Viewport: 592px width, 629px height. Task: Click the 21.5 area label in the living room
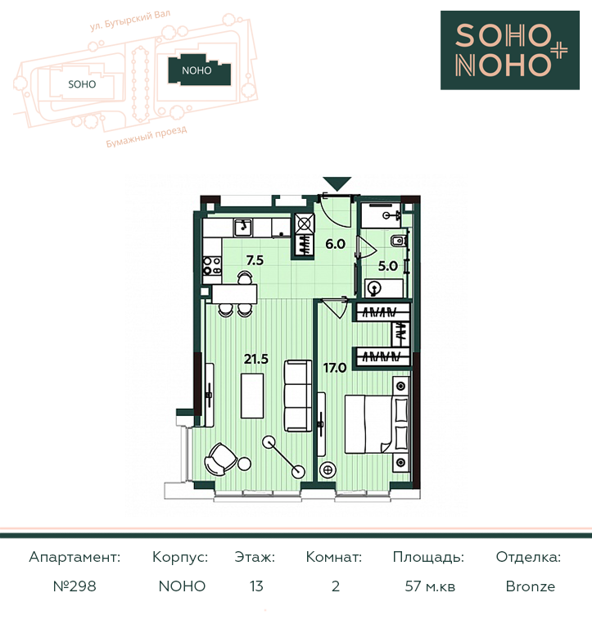pos(256,359)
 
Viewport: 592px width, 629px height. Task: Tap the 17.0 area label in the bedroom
pos(335,368)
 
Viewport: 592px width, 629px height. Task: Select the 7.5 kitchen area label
pos(255,260)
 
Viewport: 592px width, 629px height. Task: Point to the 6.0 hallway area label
pos(336,244)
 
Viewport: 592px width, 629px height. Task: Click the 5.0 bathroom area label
pos(388,266)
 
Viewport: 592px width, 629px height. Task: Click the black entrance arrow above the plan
pos(337,183)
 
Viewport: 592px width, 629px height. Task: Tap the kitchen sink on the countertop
pos(242,228)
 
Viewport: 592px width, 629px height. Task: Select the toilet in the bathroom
pos(398,241)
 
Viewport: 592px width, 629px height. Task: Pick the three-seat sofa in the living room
pos(298,396)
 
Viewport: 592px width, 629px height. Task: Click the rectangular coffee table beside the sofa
pos(252,396)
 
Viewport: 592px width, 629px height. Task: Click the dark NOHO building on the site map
pos(199,70)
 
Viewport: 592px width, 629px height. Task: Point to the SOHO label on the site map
pos(82,84)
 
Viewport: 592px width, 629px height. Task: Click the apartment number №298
pos(75,586)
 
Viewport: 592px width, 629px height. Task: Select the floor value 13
pos(256,586)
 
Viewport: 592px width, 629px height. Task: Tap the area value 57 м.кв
pos(430,586)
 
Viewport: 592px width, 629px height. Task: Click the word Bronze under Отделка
pos(531,586)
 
